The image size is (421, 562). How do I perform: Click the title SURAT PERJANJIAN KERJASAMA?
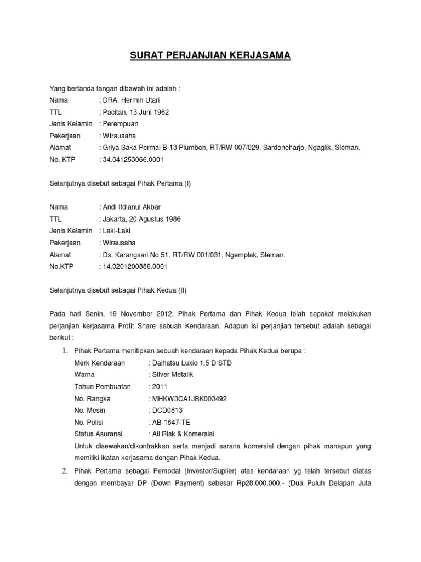point(210,55)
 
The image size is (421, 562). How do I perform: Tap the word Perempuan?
point(121,124)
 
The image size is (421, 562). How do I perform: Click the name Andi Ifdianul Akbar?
point(130,207)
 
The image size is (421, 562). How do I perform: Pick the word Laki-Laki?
point(117,231)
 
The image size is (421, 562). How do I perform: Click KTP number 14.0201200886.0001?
point(133,266)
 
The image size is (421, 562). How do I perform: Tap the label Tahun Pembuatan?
point(103,386)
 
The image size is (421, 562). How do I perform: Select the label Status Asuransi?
point(100,434)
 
